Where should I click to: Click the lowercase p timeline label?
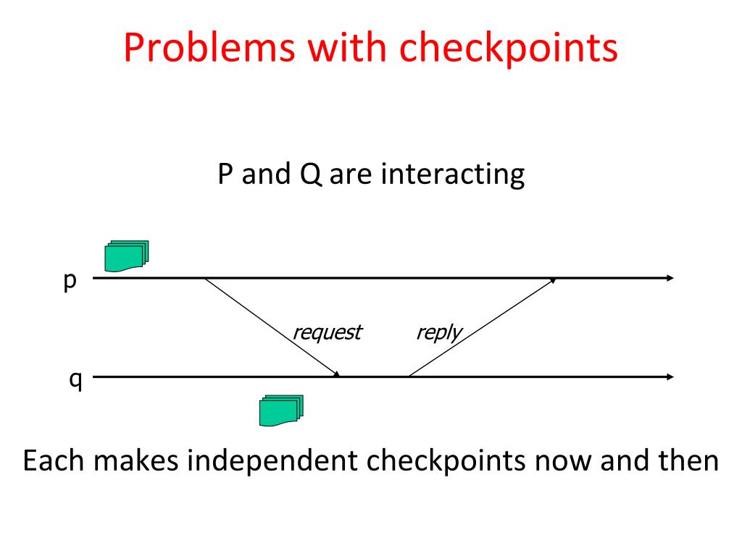pos(70,281)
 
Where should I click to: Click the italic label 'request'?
pos(326,332)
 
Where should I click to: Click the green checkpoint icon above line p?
pos(126,256)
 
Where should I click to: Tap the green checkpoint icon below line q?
pos(280,410)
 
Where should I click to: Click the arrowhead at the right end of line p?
pos(670,278)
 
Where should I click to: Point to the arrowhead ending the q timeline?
pos(670,376)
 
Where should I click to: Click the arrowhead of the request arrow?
pos(336,374)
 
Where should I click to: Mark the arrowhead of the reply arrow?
pos(554,280)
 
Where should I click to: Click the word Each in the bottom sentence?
pos(53,461)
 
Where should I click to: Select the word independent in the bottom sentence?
pos(266,461)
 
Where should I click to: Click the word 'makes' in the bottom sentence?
pos(134,461)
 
